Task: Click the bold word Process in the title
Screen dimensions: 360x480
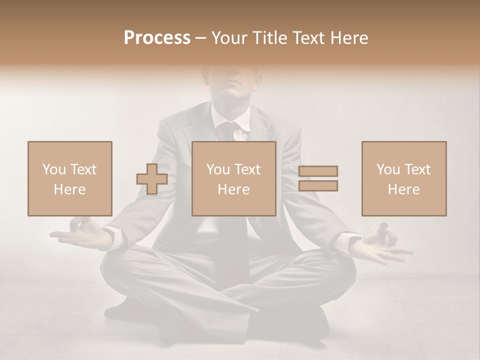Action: point(157,38)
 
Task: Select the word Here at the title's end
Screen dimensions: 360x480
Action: point(349,38)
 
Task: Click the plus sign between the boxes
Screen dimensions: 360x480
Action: point(152,178)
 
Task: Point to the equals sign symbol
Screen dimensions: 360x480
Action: point(318,178)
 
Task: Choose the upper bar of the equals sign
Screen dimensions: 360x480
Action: point(318,171)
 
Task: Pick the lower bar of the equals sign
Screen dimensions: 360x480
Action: point(318,185)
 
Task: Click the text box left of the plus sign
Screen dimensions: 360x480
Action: point(70,178)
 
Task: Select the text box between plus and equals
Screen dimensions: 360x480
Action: point(234,178)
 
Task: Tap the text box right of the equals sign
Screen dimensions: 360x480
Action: point(404,178)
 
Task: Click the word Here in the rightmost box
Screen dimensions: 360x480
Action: point(404,189)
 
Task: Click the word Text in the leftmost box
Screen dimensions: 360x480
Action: point(83,169)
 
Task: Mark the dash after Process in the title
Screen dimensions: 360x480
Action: point(200,38)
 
